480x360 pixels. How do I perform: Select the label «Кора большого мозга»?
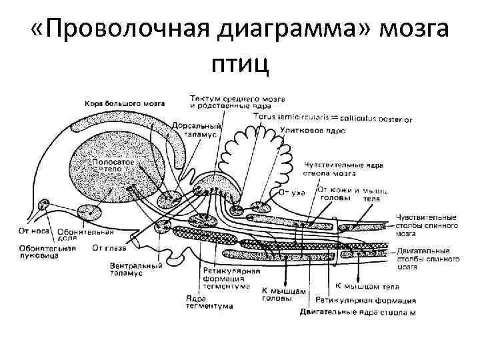(x=125, y=103)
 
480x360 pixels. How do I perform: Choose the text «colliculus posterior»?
(x=378, y=119)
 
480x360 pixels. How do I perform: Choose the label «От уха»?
(x=291, y=193)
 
